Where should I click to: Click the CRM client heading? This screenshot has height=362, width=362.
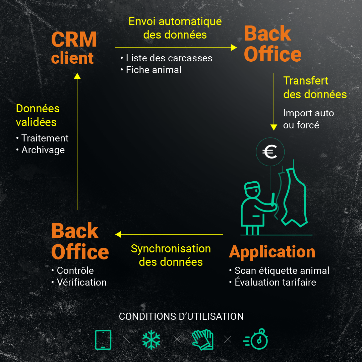point(74,48)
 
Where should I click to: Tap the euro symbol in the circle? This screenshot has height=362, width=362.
point(270,152)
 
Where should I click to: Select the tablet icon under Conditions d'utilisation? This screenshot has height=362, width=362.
point(103,340)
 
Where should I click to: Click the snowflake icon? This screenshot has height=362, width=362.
point(151,340)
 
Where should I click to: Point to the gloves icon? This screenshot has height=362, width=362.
point(202,340)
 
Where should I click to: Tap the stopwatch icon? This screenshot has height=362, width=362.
point(256,339)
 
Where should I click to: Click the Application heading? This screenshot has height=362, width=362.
point(272,252)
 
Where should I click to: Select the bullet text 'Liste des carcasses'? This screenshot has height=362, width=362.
point(169,58)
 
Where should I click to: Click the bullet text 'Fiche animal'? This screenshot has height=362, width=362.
point(154,70)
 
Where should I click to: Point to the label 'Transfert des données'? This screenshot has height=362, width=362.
point(315,87)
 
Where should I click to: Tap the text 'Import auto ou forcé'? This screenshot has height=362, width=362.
point(308,119)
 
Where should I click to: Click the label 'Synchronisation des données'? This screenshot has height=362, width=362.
point(171,255)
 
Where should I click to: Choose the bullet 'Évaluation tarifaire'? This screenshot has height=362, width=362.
point(275,282)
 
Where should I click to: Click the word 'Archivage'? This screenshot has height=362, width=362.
point(43,150)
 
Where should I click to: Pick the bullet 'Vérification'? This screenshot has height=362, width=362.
point(81,282)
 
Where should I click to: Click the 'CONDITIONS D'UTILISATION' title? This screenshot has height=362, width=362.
point(181,316)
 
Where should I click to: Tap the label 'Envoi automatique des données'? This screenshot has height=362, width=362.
point(175,28)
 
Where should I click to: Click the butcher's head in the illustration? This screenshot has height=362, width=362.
point(252,191)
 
